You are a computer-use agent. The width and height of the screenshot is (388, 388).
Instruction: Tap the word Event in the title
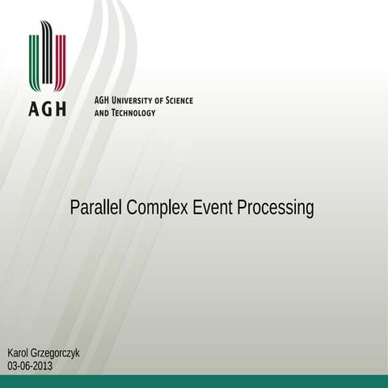[x=213, y=209]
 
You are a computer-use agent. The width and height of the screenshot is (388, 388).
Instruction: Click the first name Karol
[x=19, y=354]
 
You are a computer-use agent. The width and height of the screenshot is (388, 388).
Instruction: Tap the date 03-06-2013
[x=30, y=366]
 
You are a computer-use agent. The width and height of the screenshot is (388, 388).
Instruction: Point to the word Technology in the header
[x=133, y=113]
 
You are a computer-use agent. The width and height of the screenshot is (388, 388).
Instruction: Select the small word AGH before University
[x=102, y=100]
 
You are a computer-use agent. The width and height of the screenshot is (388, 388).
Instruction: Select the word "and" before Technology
[x=102, y=113]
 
